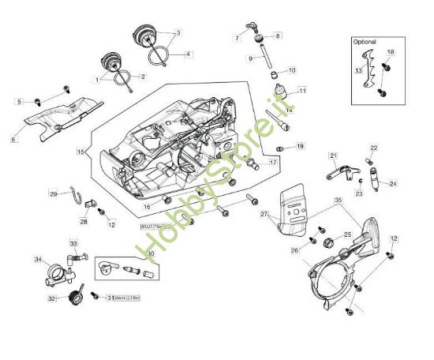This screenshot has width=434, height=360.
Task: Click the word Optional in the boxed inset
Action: (365, 42)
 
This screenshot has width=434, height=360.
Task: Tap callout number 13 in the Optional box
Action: (358, 70)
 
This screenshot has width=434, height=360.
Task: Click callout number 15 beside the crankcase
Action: (80, 150)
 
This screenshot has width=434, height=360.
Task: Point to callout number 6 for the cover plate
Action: (13, 140)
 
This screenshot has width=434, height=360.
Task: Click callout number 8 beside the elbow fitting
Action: (277, 36)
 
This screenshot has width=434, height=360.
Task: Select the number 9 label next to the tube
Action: (250, 58)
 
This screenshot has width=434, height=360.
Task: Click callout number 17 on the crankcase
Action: (272, 163)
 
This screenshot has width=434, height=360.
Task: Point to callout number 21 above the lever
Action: (333, 156)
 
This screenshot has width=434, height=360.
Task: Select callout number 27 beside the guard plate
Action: (265, 214)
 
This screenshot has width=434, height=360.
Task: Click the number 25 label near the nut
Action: (347, 234)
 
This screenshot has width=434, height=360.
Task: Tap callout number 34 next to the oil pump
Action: (37, 259)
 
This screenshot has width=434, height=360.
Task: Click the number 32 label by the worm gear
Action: (52, 298)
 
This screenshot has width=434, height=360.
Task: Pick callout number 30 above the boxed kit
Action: (149, 253)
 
